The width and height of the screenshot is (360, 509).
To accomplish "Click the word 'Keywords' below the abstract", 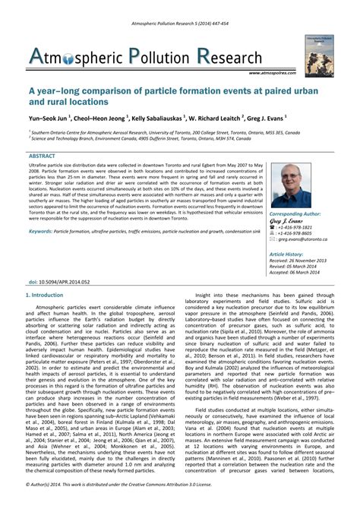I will (46, 230).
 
